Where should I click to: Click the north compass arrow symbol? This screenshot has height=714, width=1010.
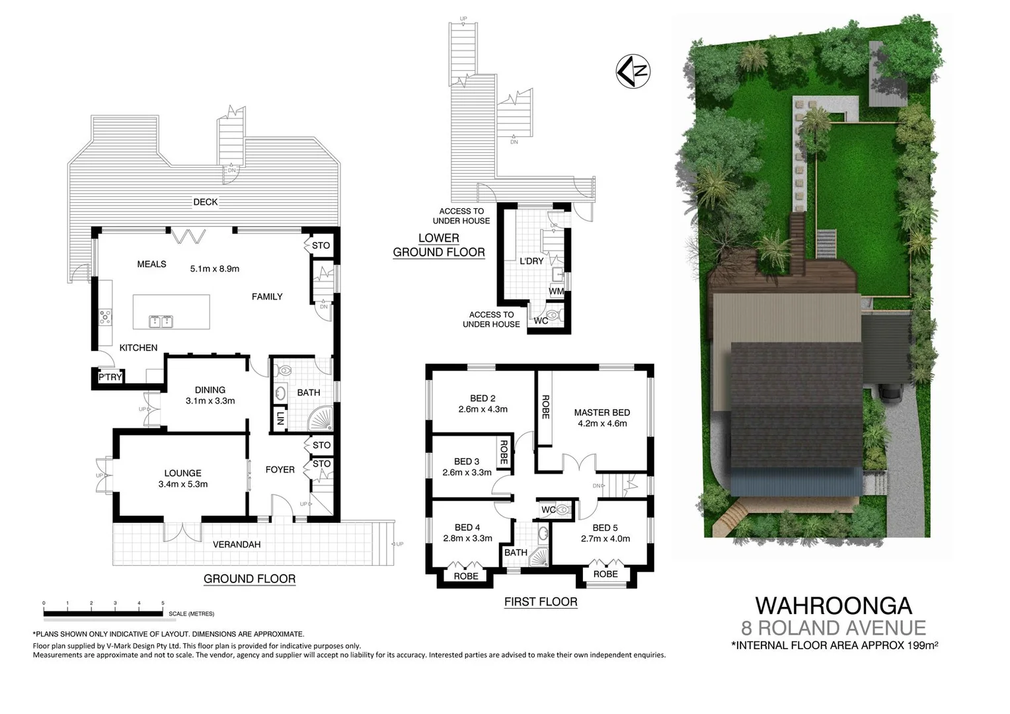point(633,71)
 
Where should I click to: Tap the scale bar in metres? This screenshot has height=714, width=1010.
point(103,614)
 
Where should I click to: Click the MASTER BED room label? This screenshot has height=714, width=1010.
point(602,413)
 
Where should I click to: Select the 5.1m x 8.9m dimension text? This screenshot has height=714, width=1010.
point(214,269)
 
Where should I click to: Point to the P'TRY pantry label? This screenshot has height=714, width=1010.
point(110,377)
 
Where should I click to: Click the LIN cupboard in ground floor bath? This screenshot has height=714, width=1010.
point(280,418)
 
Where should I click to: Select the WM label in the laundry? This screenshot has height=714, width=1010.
point(556,291)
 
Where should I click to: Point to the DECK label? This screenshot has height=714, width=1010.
point(205,202)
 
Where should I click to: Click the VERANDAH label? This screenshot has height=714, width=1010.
point(237,545)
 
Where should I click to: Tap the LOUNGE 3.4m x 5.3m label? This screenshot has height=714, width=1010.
point(183,479)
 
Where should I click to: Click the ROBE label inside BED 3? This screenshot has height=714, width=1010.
point(504,453)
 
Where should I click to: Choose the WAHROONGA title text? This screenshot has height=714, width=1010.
point(833,605)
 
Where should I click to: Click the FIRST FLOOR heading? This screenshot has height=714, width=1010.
point(540,602)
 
